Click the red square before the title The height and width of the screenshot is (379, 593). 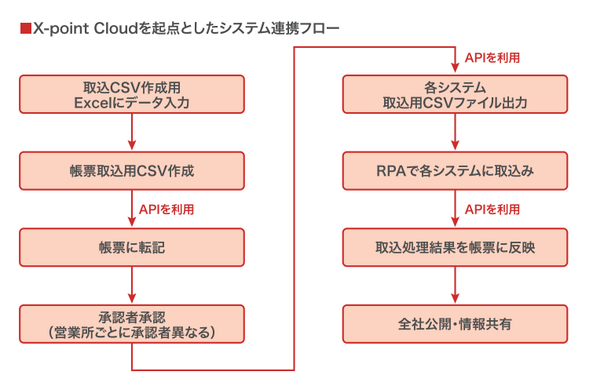click(x=26, y=29)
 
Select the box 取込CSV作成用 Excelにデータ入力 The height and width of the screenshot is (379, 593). click(x=132, y=94)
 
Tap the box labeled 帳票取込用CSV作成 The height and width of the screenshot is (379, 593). click(x=132, y=171)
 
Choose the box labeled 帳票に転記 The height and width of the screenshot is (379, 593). click(x=132, y=247)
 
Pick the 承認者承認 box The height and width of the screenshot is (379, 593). click(x=132, y=324)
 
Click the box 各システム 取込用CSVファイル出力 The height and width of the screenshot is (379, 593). click(x=455, y=94)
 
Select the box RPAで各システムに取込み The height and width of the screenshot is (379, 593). click(x=455, y=171)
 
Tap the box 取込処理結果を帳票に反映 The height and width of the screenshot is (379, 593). click(x=455, y=247)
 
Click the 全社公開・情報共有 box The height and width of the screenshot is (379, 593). click(x=455, y=324)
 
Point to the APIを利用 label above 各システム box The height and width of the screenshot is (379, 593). click(x=492, y=58)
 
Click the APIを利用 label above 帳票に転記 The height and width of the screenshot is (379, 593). click(x=167, y=210)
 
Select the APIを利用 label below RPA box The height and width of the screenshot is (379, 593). click(x=492, y=210)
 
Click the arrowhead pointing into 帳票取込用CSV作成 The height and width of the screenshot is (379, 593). click(x=132, y=145)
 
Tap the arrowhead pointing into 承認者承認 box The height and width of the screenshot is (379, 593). click(x=132, y=298)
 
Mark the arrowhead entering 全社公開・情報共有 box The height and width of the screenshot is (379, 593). click(x=455, y=298)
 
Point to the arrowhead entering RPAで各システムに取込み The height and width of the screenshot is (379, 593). click(x=455, y=145)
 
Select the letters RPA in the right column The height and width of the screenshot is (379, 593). click(x=391, y=171)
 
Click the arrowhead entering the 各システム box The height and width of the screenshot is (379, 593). click(x=455, y=68)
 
